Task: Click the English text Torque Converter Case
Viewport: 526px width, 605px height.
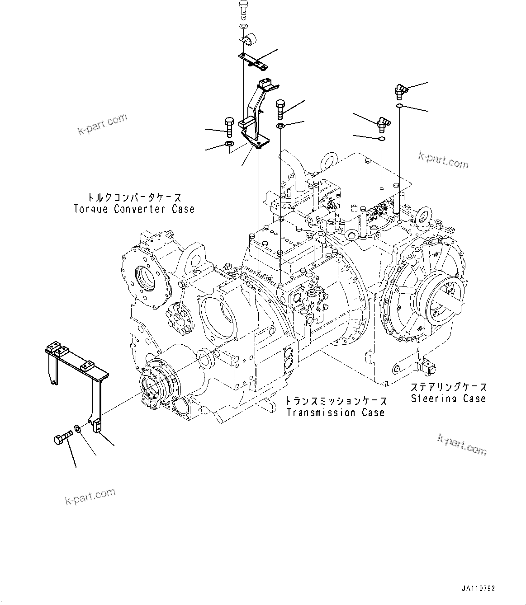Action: (x=134, y=209)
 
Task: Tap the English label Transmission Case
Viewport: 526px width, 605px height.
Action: (x=336, y=413)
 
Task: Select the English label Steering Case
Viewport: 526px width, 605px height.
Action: (x=448, y=399)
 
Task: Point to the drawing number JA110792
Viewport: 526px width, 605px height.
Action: (x=479, y=588)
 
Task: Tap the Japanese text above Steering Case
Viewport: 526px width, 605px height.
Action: (x=449, y=387)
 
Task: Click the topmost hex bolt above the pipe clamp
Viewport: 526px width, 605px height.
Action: (x=243, y=9)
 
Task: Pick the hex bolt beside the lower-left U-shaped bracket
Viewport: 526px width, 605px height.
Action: (x=62, y=438)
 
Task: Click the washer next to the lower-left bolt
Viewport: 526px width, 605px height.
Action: (x=78, y=428)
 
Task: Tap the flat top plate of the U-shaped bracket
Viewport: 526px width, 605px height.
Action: (x=77, y=359)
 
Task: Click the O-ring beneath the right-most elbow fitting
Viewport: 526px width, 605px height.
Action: (x=399, y=106)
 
